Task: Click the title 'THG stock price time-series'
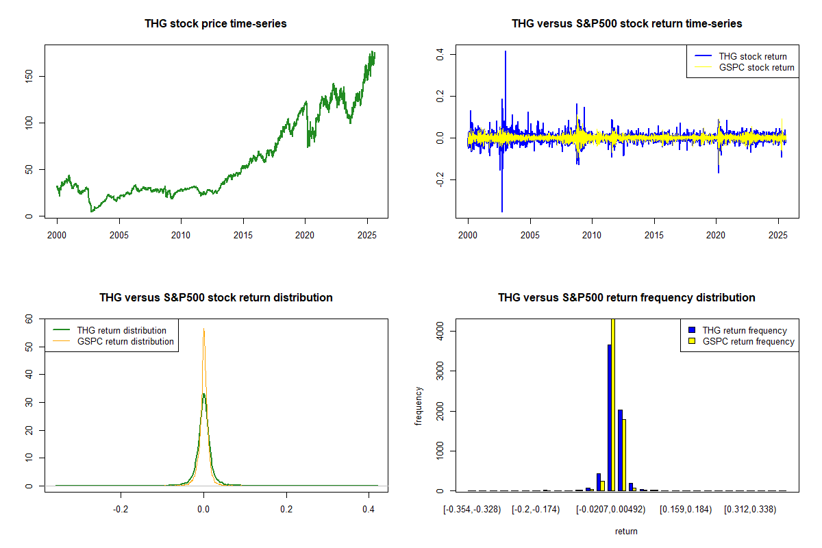(x=216, y=24)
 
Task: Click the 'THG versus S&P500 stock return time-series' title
(x=627, y=24)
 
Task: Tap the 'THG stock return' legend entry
(x=752, y=56)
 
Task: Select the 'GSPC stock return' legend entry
(x=756, y=67)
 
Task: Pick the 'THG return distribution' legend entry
(x=121, y=330)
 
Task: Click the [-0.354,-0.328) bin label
(x=473, y=510)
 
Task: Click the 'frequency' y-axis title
(x=419, y=406)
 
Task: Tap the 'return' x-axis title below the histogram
(x=626, y=531)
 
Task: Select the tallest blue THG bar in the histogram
(x=609, y=418)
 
